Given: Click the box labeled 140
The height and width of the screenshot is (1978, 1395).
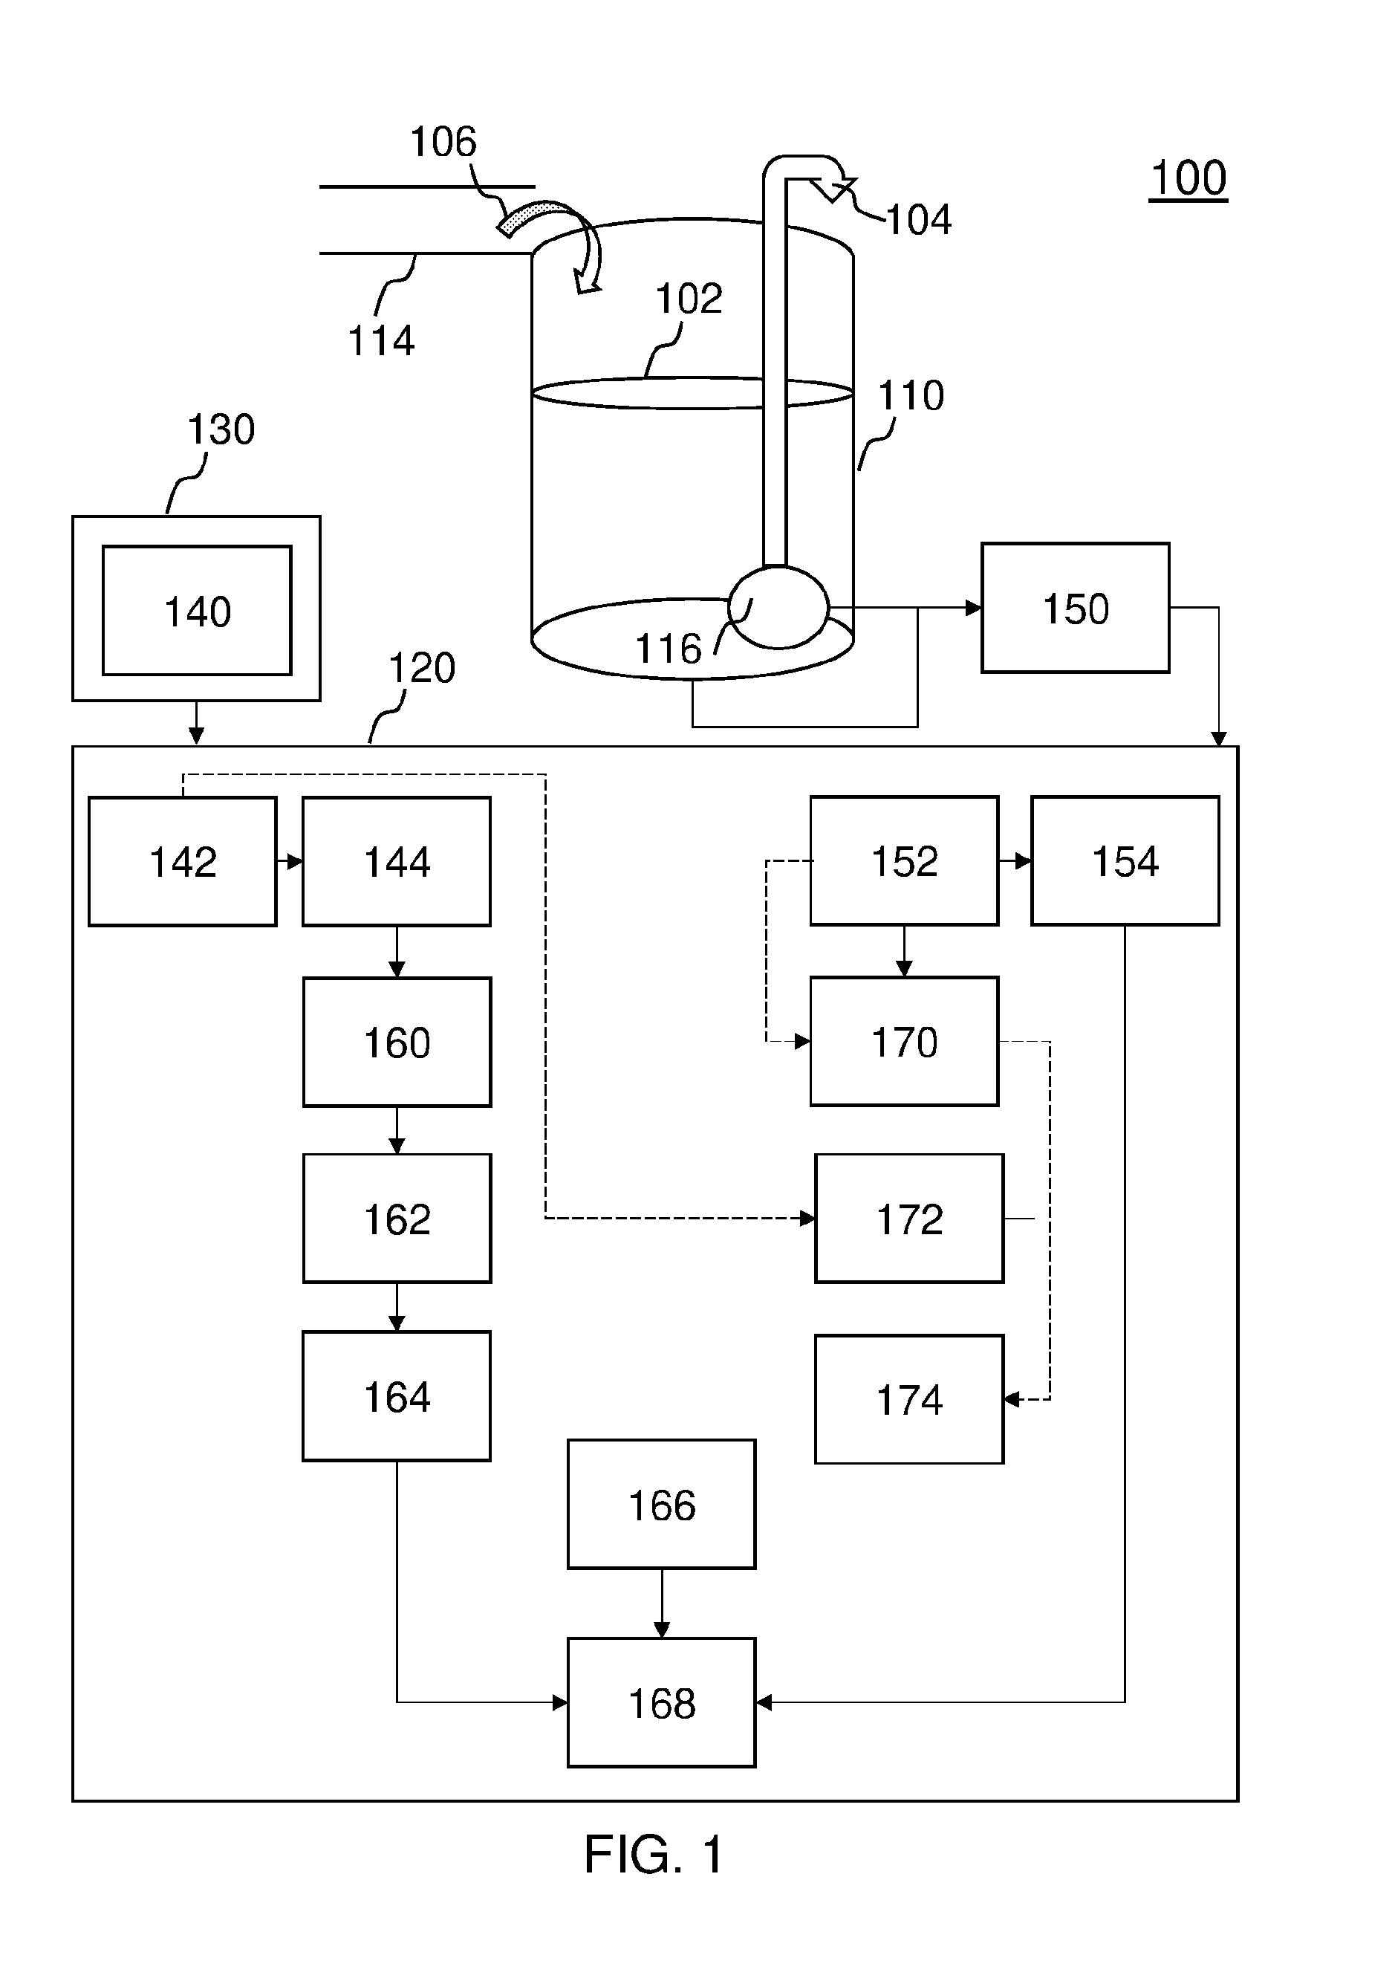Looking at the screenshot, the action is [x=197, y=610].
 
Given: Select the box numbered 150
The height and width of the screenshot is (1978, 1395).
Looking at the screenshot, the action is [x=1076, y=607].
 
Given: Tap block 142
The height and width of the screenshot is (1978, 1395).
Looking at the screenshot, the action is [x=183, y=861].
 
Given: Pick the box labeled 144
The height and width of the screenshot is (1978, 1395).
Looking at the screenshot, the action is [x=397, y=861].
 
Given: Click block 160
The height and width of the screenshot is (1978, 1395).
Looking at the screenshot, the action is [x=397, y=1042].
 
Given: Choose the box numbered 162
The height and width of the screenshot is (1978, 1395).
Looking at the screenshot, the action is [x=397, y=1218].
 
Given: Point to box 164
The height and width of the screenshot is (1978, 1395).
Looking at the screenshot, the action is [x=397, y=1395].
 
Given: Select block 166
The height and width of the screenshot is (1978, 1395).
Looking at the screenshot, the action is [x=661, y=1504].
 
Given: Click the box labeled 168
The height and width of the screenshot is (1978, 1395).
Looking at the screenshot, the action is [x=661, y=1702].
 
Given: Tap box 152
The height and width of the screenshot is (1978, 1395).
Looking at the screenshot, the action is [x=904, y=860].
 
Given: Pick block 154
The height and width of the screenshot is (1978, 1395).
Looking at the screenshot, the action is [x=1125, y=860].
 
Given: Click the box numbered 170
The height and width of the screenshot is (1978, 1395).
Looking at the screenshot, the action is [x=904, y=1041].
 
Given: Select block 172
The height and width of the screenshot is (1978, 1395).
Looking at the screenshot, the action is [x=909, y=1218].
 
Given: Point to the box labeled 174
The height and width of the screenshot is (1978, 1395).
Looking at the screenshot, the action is [x=909, y=1399].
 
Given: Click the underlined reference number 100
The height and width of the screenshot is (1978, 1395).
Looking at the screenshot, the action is [x=1188, y=178].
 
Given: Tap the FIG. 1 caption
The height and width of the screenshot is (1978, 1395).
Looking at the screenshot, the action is [x=654, y=1854].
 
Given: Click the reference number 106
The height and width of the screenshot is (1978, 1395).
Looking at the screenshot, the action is [x=443, y=141].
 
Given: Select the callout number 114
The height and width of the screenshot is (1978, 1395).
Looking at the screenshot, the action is [x=380, y=340].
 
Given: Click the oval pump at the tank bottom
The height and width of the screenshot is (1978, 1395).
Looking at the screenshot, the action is [x=778, y=606].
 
